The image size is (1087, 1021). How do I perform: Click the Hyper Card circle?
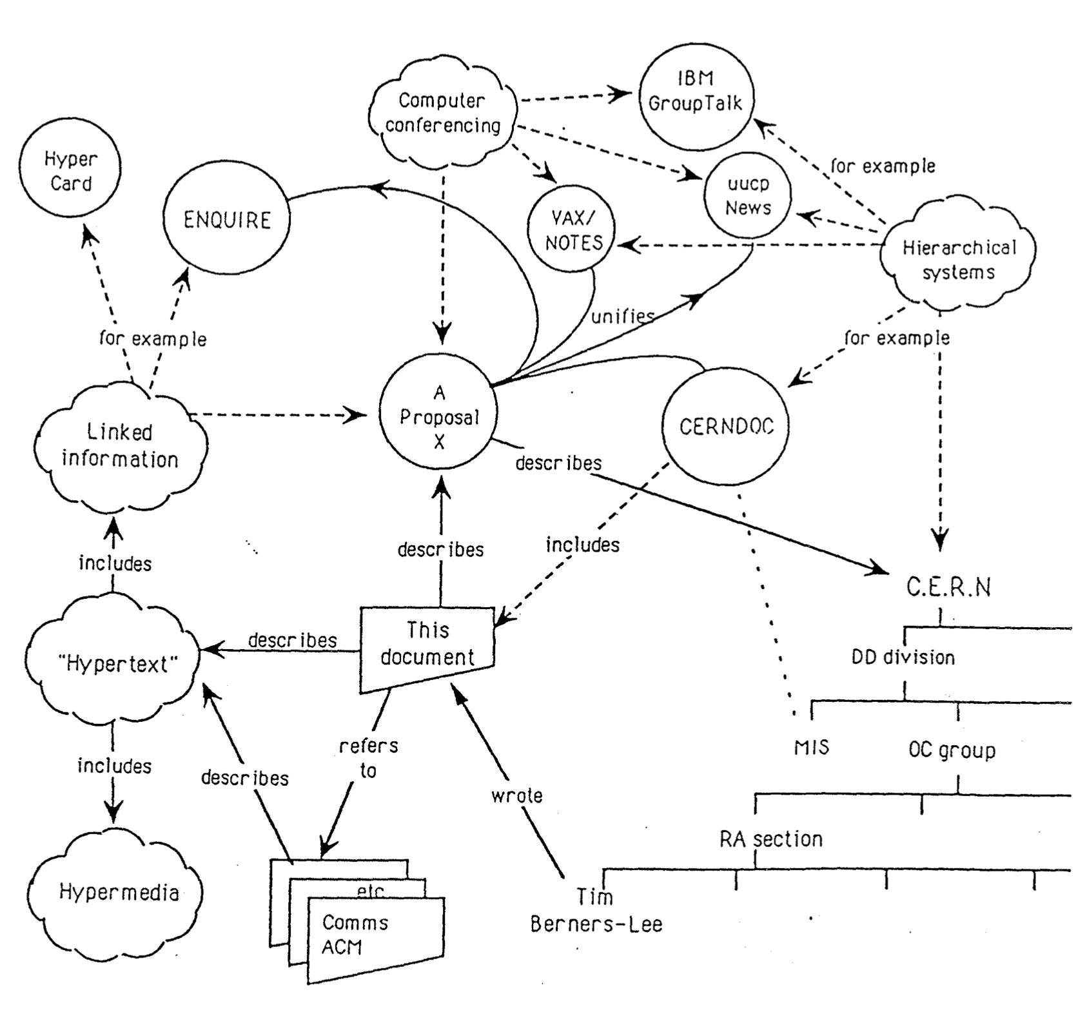coord(70,171)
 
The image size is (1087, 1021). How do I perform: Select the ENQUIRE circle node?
coord(226,220)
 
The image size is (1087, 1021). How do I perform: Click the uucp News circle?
coord(748,195)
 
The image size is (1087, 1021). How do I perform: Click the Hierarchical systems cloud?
coord(958,259)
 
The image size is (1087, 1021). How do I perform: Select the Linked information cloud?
coord(120,446)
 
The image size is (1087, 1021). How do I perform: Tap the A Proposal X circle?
coord(438,417)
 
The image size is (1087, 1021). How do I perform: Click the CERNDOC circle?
coord(726,427)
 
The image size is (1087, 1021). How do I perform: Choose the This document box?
coord(427,645)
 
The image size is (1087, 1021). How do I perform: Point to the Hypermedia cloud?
coord(119,893)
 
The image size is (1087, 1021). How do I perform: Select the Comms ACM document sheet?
coord(376,940)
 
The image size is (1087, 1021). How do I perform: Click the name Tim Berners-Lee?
coord(596,911)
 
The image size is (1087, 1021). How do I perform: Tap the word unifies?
coord(622,316)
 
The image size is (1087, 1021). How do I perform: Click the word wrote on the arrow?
coord(516,796)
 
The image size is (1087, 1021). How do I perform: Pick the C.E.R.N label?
coord(948,587)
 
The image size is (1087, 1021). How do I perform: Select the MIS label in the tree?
coord(811,748)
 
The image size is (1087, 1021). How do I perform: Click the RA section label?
coord(771,839)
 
